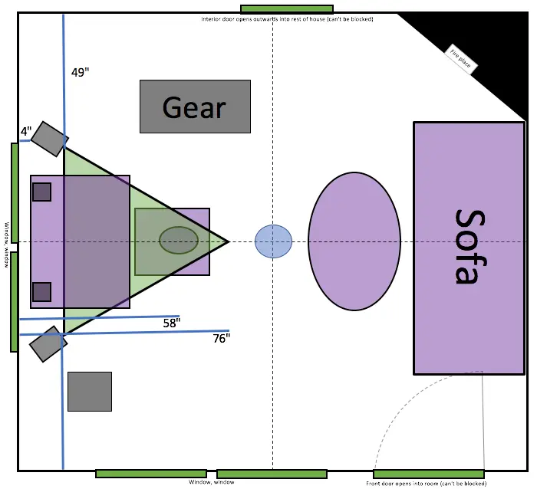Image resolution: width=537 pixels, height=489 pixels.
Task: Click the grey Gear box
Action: [195, 107]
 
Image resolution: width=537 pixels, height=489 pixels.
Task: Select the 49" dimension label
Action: [80, 73]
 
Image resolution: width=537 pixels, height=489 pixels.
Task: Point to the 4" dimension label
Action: [26, 131]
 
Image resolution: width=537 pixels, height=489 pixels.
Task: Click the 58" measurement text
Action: [172, 323]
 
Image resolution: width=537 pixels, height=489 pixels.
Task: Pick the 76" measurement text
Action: [221, 338]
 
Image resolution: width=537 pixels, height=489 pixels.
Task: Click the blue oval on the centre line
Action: [273, 241]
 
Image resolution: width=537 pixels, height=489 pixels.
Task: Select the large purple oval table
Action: [354, 241]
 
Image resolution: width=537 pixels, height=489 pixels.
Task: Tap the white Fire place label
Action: [461, 58]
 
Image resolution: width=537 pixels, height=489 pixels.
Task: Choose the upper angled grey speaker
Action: [50, 138]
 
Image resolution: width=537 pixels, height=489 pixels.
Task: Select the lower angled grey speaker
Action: [48, 343]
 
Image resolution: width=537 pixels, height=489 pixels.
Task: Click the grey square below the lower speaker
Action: [90, 391]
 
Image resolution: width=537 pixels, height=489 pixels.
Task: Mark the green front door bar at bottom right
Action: [429, 474]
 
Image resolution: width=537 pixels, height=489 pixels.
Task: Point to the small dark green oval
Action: [179, 240]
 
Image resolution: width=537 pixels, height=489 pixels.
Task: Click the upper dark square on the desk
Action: [42, 192]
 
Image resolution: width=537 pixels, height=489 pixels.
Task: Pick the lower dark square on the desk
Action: [42, 292]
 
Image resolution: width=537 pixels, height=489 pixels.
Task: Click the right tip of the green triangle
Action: [226, 241]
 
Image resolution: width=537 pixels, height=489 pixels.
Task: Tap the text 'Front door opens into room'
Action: [426, 484]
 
